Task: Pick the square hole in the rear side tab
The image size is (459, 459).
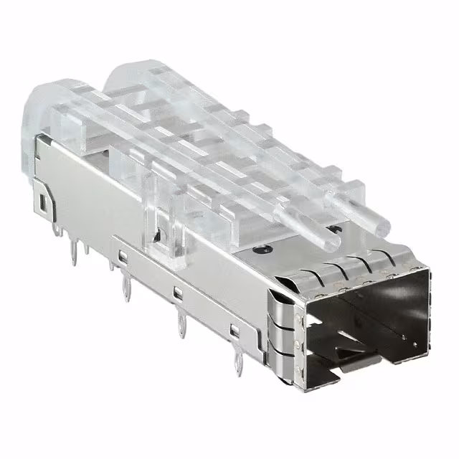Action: (x=44, y=203)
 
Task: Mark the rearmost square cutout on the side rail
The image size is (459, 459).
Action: (x=124, y=255)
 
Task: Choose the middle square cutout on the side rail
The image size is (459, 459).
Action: (x=176, y=292)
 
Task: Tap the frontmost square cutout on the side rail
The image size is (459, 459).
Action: (x=233, y=331)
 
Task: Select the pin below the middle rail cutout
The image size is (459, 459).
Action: (x=177, y=323)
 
